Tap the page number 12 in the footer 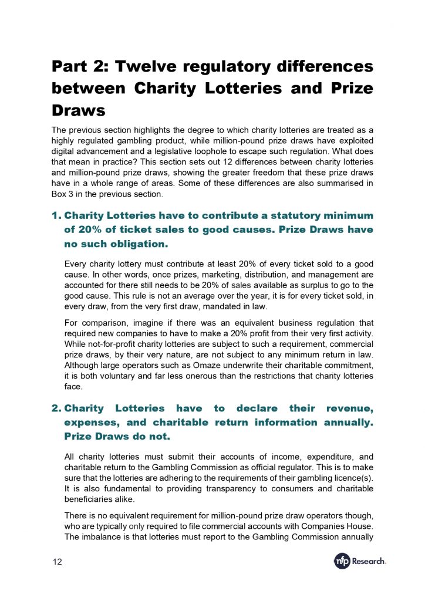pyautogui.click(x=56, y=562)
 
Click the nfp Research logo pyautogui.click(x=359, y=561)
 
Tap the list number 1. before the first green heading pyautogui.click(x=56, y=216)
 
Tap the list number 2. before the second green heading pyautogui.click(x=56, y=408)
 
